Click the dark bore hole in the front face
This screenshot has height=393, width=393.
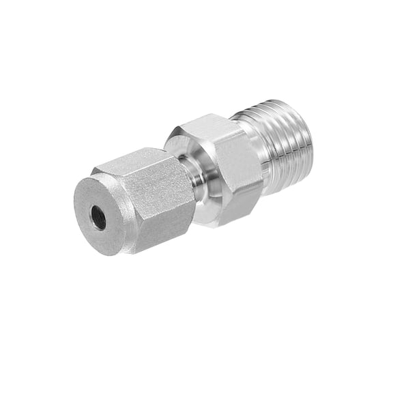[99, 218]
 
